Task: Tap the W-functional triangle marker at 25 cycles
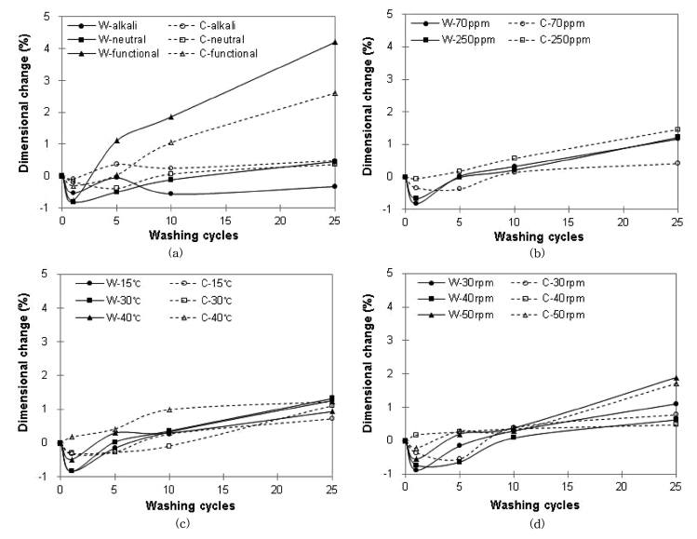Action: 335,43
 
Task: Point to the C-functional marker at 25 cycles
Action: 335,93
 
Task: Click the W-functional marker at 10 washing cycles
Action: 171,117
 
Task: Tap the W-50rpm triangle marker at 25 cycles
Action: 677,378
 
